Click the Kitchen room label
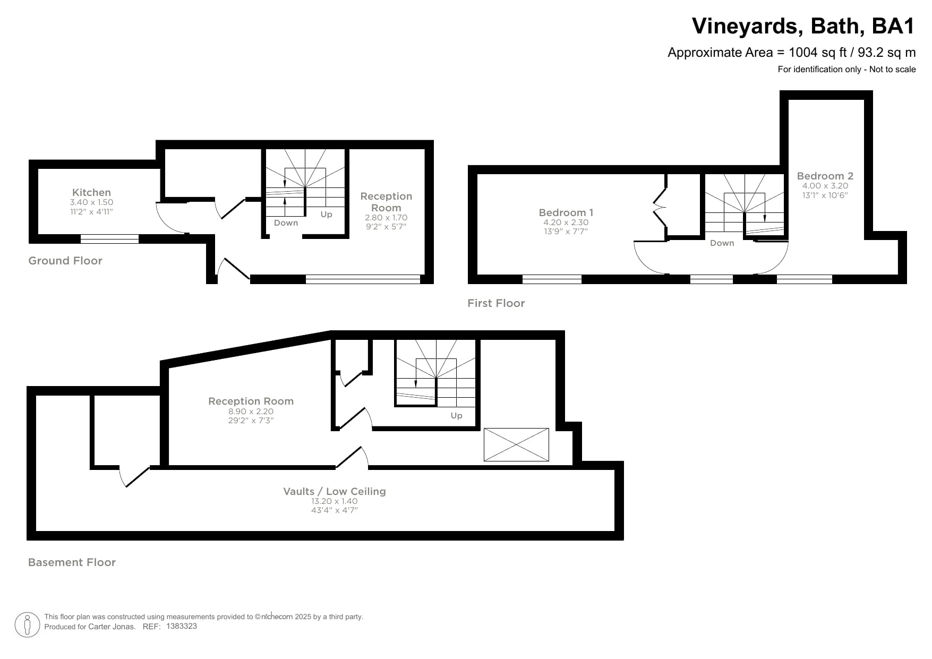point(91,192)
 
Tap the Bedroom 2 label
point(825,176)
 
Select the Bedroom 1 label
point(566,212)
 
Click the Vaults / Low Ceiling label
point(334,491)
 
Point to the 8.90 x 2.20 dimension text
point(251,411)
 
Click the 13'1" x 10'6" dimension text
point(825,195)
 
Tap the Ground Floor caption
point(65,261)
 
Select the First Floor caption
point(496,303)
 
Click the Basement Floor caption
point(72,562)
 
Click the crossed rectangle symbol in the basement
point(516,444)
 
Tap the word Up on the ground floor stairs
point(326,215)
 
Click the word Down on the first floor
point(722,243)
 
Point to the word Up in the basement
point(456,416)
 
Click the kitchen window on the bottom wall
point(109,239)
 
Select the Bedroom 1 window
point(552,279)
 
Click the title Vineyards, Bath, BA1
point(803,26)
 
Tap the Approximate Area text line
point(791,53)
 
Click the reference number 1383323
point(182,626)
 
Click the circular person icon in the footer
point(27,624)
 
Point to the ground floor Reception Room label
point(386,202)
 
